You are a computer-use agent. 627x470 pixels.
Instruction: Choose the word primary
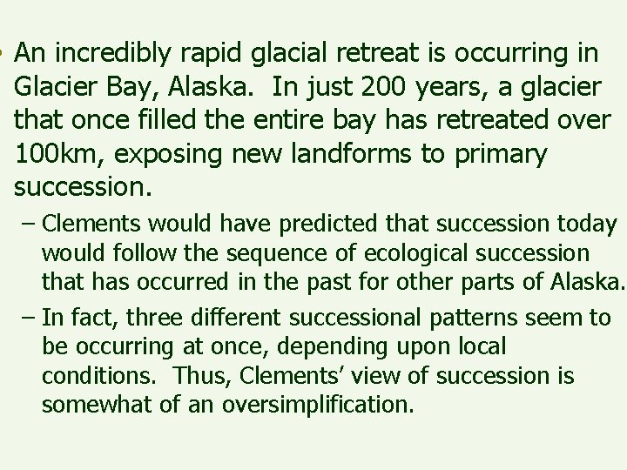pos(502,154)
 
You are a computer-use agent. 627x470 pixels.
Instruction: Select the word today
pos(588,225)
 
